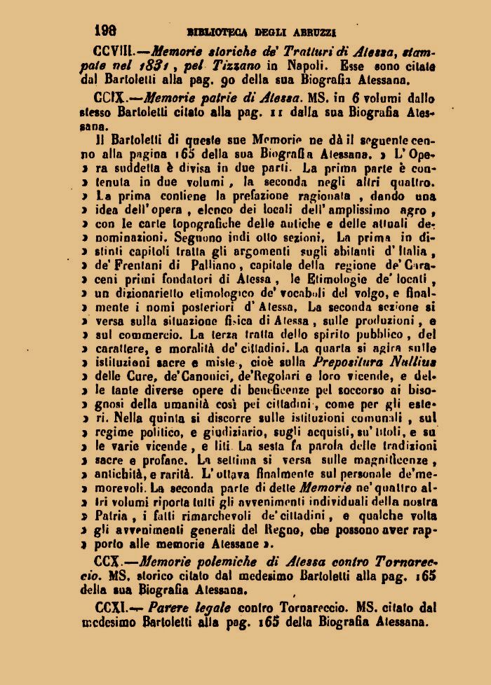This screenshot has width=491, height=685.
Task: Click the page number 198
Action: point(105,31)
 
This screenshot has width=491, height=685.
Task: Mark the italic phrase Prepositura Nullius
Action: point(377,364)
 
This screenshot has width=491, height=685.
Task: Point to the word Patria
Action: point(115,516)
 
